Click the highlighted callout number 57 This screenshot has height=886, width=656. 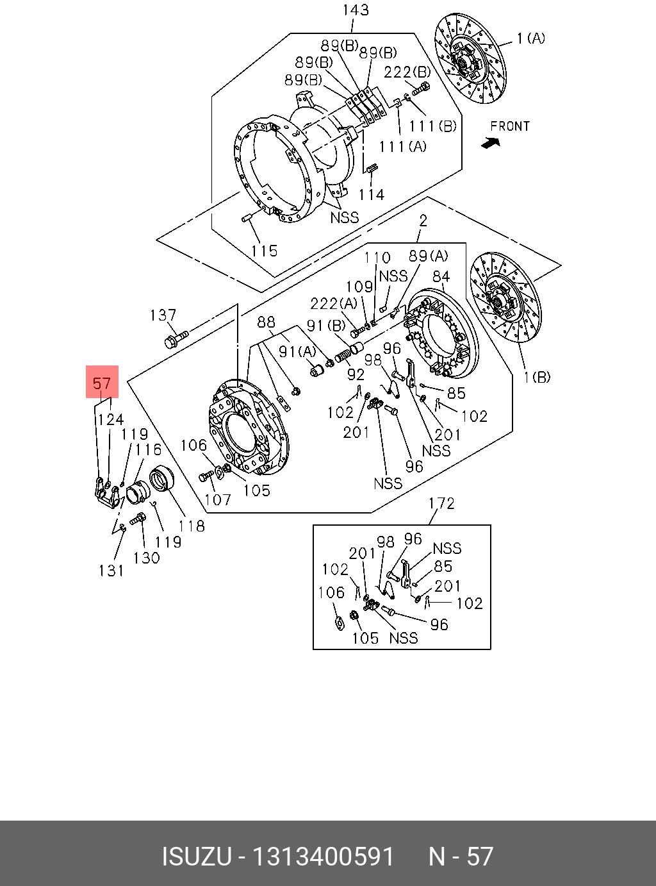[102, 383]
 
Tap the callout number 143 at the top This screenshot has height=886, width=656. [356, 10]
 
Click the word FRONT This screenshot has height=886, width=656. [510, 126]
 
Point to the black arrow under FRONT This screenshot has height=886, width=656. [491, 144]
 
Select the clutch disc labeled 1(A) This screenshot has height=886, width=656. [470, 60]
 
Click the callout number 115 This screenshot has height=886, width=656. [265, 251]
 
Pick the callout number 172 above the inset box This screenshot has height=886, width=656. [441, 503]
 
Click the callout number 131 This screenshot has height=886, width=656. [111, 571]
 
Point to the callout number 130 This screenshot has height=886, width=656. [146, 558]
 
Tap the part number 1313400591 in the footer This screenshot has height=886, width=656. [323, 857]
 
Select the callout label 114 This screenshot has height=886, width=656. [372, 194]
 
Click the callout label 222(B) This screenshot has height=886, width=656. [407, 72]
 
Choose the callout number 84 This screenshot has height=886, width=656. [441, 276]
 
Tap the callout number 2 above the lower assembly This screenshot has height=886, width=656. [423, 221]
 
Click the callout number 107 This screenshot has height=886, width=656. [218, 499]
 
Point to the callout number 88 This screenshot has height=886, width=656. [266, 321]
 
